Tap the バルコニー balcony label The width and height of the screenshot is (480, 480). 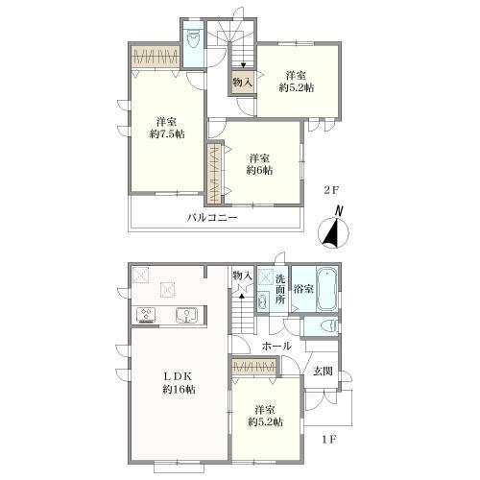pyautogui.click(x=212, y=218)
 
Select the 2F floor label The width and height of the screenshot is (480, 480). pyautogui.click(x=331, y=190)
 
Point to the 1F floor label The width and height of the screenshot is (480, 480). pyautogui.click(x=329, y=440)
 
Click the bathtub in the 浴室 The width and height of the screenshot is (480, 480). pyautogui.click(x=326, y=290)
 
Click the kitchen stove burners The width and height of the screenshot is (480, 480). pyautogui.click(x=146, y=315)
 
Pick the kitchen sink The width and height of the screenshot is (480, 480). pyautogui.click(x=186, y=315)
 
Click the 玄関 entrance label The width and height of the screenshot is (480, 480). pyautogui.click(x=323, y=372)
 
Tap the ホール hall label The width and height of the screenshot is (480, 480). pyautogui.click(x=276, y=346)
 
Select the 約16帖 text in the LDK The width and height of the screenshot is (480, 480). pyautogui.click(x=179, y=390)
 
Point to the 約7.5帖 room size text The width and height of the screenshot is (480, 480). pyautogui.click(x=167, y=134)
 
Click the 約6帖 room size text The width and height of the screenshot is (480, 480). pyautogui.click(x=259, y=170)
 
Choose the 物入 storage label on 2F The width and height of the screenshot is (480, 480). pyautogui.click(x=242, y=83)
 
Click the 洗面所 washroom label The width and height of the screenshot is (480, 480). pyautogui.click(x=280, y=289)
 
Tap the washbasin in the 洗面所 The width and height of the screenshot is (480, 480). pyautogui.click(x=263, y=301)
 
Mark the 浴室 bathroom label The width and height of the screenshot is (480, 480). pyautogui.click(x=303, y=289)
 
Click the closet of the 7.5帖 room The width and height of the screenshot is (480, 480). pyautogui.click(x=156, y=57)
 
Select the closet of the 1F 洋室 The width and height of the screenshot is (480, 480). pyautogui.click(x=254, y=367)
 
